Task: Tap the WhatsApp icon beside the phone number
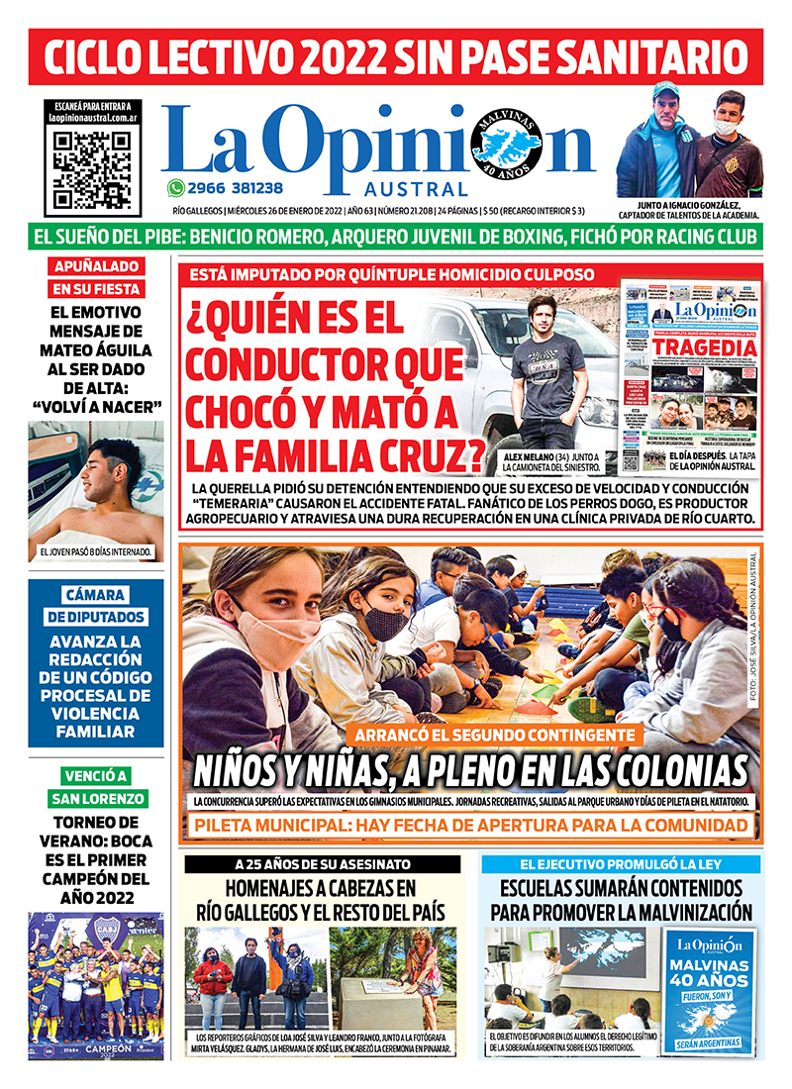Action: [176, 188]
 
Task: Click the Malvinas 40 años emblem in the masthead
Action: [507, 148]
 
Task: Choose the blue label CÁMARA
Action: [96, 595]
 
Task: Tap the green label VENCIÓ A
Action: [96, 775]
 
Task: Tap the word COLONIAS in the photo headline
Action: [659, 769]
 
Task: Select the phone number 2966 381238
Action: [236, 188]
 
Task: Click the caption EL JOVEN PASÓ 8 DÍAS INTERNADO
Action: [96, 551]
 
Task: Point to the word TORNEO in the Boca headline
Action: [96, 822]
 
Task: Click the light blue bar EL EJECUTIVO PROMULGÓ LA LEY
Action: [621, 864]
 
